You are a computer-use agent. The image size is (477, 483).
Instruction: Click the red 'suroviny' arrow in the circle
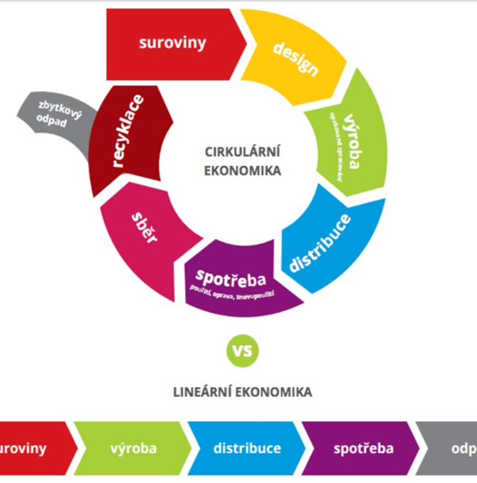[173, 43]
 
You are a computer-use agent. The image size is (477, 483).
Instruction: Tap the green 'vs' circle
[243, 350]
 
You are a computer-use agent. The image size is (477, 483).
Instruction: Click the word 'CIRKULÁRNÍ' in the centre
[243, 151]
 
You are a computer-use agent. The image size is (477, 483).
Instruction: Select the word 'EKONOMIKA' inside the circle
[243, 171]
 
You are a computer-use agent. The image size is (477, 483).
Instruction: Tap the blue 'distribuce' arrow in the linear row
[246, 449]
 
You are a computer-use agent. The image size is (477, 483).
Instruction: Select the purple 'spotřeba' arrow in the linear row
[360, 449]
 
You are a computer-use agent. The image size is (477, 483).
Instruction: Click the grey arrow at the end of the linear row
[453, 449]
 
